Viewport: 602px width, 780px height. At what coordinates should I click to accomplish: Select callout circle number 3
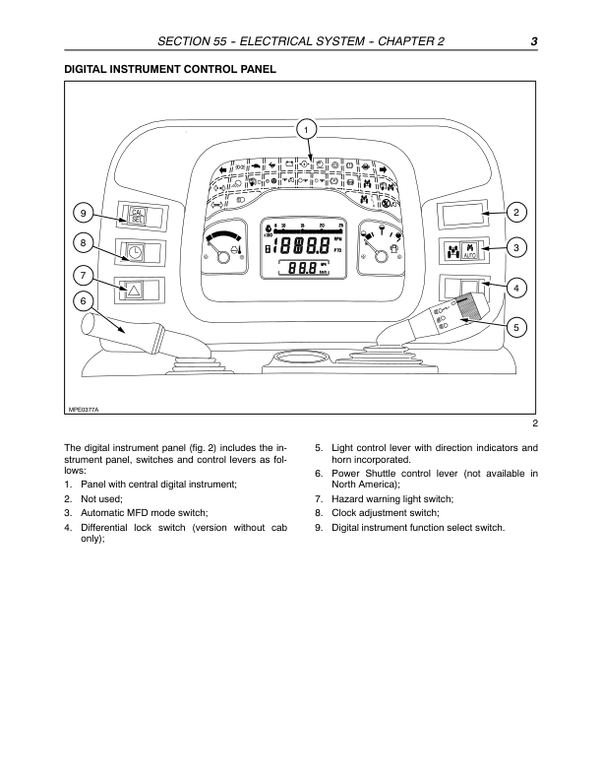coord(518,248)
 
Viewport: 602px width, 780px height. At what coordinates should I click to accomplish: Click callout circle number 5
coord(518,325)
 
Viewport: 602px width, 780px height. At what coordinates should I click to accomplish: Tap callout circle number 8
coord(84,241)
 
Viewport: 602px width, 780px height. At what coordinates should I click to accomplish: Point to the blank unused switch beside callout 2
coord(462,214)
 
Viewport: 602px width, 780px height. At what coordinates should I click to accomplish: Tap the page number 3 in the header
coord(531,40)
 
